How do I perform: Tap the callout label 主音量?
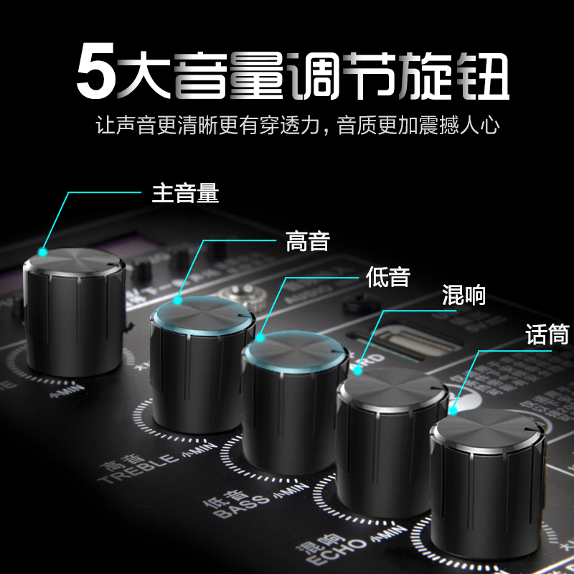point(185,192)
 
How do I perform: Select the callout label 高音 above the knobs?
point(307,240)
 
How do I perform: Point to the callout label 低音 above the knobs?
point(387,277)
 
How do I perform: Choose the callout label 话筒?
point(546,334)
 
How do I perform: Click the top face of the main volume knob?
point(75,262)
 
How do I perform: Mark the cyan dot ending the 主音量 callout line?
point(43,252)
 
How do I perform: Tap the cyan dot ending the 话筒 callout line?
point(453,411)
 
